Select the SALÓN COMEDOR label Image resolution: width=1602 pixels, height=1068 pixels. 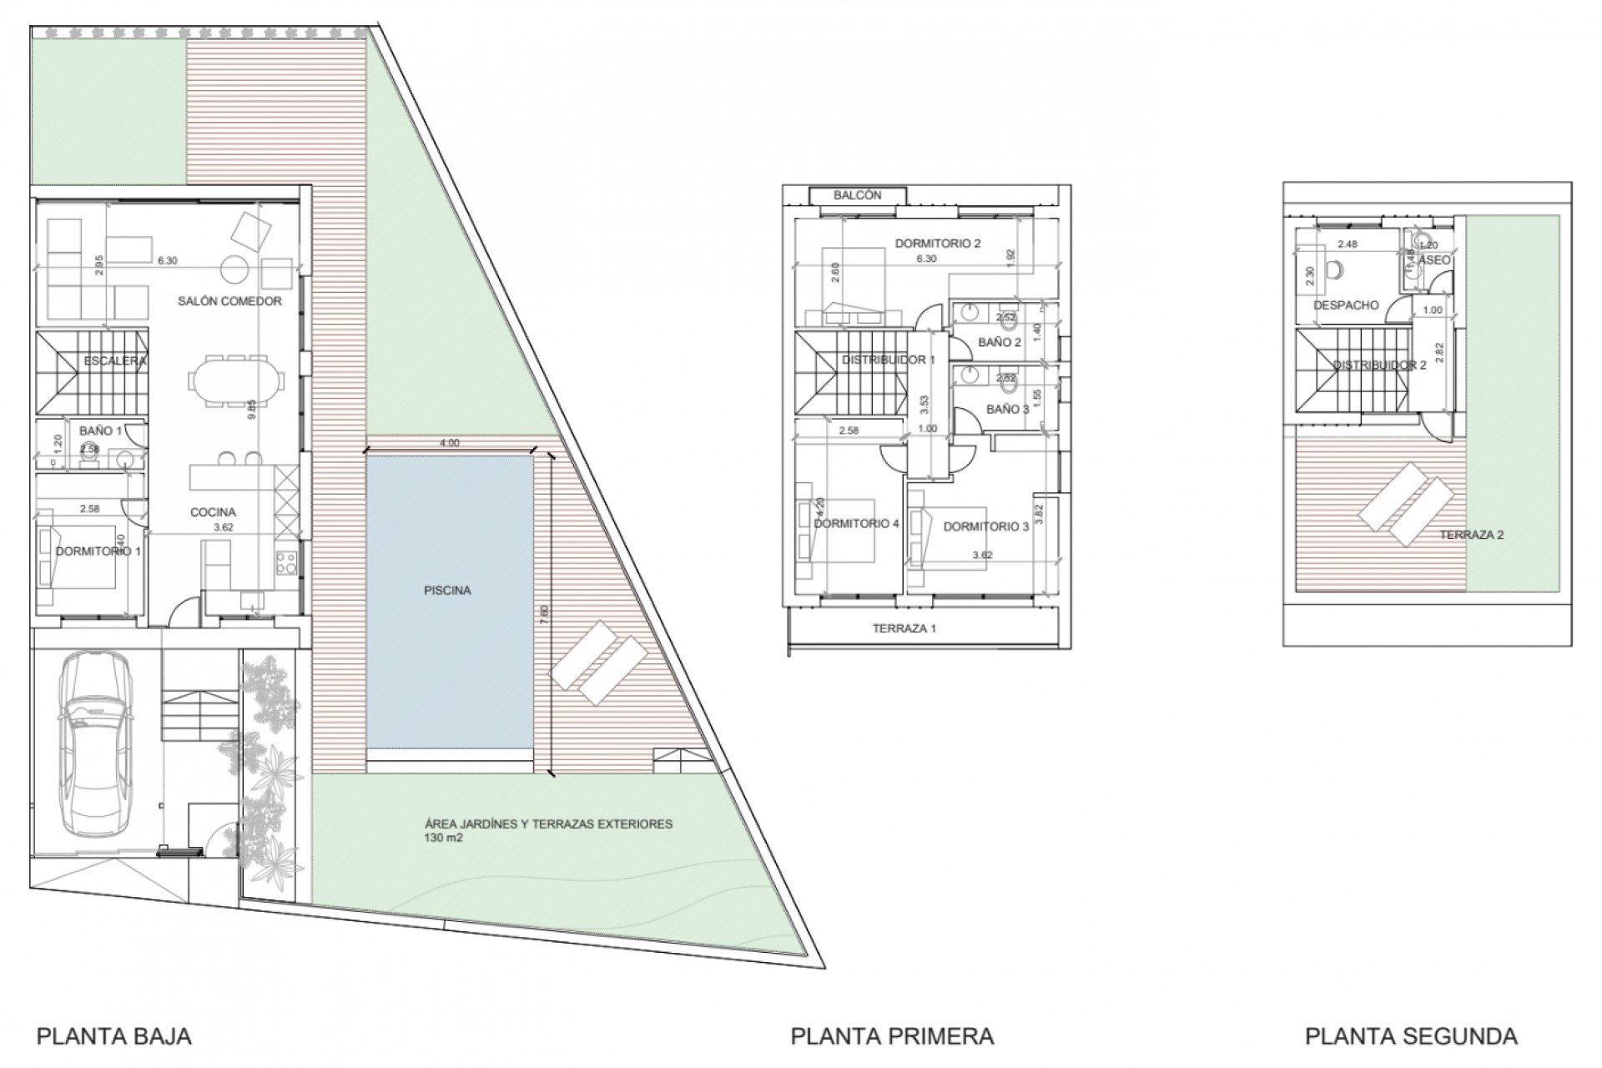(229, 301)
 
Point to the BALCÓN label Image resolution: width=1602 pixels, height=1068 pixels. (857, 195)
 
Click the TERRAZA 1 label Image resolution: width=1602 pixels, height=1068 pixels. (904, 628)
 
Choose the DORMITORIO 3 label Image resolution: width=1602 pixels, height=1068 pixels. (985, 527)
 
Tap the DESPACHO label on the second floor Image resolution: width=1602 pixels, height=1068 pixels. (1345, 305)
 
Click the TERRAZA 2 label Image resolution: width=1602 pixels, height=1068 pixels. (1471, 535)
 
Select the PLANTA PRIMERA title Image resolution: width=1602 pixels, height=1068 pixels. (892, 1036)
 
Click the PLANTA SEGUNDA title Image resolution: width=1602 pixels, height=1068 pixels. (1411, 1036)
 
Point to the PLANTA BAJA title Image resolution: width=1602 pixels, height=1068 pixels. (114, 1036)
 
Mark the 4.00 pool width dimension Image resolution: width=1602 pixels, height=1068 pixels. (449, 444)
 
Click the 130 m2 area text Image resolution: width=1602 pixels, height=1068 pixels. (442, 838)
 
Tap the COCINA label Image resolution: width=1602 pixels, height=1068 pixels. (213, 512)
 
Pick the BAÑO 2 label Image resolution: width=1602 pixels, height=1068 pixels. (999, 343)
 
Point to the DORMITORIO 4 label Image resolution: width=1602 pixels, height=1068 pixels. (856, 524)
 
